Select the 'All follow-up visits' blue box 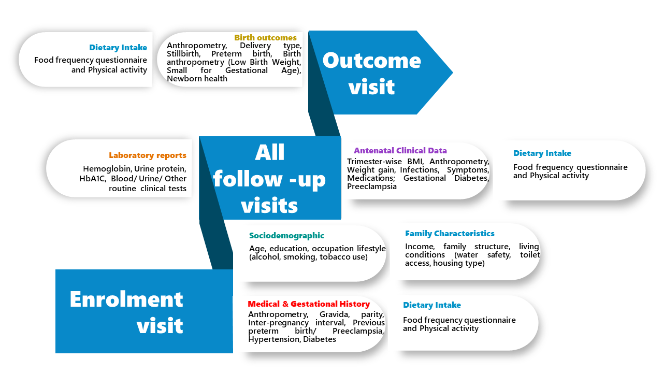(270, 178)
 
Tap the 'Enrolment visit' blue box (144, 311)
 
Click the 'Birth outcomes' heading (265, 38)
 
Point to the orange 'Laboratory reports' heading (148, 155)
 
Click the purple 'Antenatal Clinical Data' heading (400, 150)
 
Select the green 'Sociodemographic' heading (286, 235)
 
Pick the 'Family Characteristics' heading (450, 233)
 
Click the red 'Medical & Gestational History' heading (309, 304)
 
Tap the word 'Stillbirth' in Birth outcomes (183, 53)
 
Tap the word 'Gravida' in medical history (335, 314)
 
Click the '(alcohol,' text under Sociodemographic (265, 256)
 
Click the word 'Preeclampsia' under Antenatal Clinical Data (372, 186)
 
